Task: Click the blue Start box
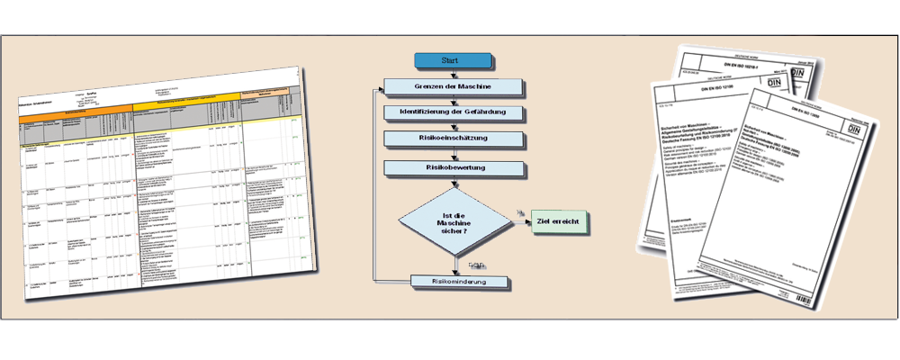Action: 452,61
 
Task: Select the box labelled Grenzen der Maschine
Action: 452,88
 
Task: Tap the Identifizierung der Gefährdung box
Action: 452,112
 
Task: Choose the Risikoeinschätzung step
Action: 452,139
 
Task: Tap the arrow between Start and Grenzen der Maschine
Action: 452,74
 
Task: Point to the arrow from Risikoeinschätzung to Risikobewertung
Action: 452,153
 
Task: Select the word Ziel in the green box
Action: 545,221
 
